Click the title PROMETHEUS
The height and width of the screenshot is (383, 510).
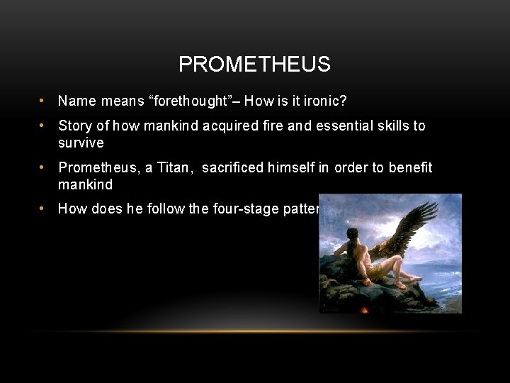point(254,65)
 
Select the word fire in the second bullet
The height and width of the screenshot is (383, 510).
point(269,126)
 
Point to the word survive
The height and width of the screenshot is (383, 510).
point(81,143)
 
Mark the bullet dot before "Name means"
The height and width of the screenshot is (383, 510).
point(43,101)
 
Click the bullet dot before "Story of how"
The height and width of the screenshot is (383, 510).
point(43,126)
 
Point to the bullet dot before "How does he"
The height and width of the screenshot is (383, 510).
point(43,209)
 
